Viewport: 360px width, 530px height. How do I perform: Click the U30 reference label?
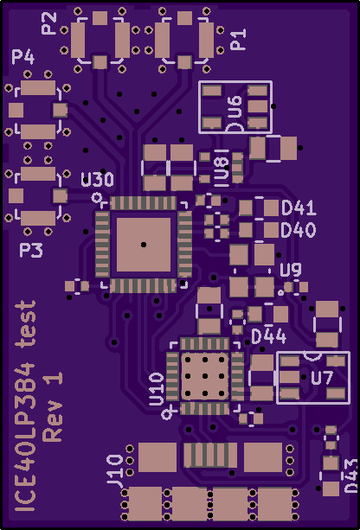(x=98, y=180)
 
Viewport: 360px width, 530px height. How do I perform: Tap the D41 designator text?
(x=299, y=208)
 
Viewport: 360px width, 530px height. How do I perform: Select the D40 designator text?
(x=299, y=230)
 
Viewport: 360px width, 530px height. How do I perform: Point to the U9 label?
(x=291, y=270)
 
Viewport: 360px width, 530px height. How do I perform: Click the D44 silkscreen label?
(x=269, y=336)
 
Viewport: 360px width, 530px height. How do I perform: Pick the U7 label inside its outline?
(x=322, y=378)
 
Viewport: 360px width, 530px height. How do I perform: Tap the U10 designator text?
(x=157, y=389)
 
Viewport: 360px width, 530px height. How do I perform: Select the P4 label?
(x=23, y=57)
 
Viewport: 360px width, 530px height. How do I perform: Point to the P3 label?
(x=31, y=251)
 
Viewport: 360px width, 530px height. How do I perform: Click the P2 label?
(x=48, y=23)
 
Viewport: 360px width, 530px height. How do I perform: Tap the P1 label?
(x=238, y=40)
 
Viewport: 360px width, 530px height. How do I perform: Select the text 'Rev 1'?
(x=53, y=406)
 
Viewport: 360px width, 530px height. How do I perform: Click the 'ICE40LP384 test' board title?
(x=25, y=406)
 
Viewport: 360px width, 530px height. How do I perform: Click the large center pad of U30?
(x=144, y=245)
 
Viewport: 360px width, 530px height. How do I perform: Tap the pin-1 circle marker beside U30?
(x=98, y=197)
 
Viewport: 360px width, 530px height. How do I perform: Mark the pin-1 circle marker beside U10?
(x=166, y=414)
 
